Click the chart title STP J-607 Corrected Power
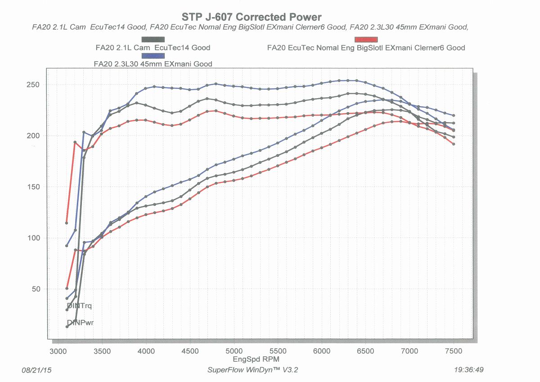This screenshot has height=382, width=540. coord(252,17)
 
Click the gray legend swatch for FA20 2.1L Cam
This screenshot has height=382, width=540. coord(153,40)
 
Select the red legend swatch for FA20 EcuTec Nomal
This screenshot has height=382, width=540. coord(366,40)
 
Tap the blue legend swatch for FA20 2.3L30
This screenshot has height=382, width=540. coord(153,56)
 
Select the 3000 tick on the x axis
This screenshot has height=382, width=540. coord(58,350)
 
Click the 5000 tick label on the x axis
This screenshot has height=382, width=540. coord(234,350)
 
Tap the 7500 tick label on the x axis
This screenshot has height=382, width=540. coord(454,350)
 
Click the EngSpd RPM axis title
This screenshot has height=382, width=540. coord(255,359)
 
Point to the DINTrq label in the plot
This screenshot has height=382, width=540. coord(79,306)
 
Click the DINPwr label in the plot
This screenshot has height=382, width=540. coord(80,323)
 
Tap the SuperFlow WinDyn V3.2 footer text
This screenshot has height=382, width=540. coord(252,370)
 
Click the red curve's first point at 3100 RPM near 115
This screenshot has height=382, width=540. coord(67,223)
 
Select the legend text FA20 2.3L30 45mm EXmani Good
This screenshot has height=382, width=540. coord(153,64)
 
